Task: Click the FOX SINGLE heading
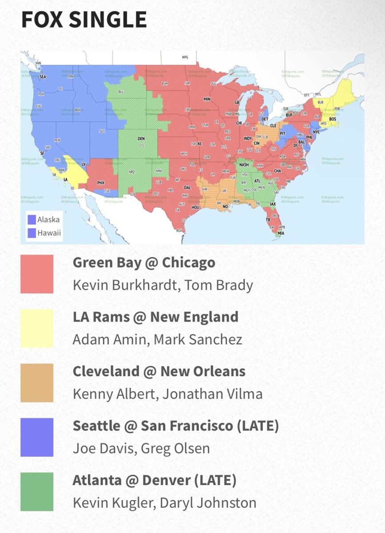pos(84,20)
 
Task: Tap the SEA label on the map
pos(43,77)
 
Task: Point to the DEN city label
pos(141,139)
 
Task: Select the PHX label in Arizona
pos(100,182)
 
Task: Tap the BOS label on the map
pos(333,119)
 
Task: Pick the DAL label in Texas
pos(187,188)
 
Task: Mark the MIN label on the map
pos(206,99)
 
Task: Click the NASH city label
pos(244,165)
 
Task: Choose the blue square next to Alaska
pos(32,219)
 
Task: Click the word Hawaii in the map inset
pos(49,233)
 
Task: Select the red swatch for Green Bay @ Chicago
pos(37,274)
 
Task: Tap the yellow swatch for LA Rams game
pos(37,329)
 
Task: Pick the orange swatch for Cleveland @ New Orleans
pos(37,383)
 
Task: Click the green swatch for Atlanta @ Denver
pos(37,492)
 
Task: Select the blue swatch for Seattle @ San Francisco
pos(37,438)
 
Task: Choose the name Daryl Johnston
pos(213,503)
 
